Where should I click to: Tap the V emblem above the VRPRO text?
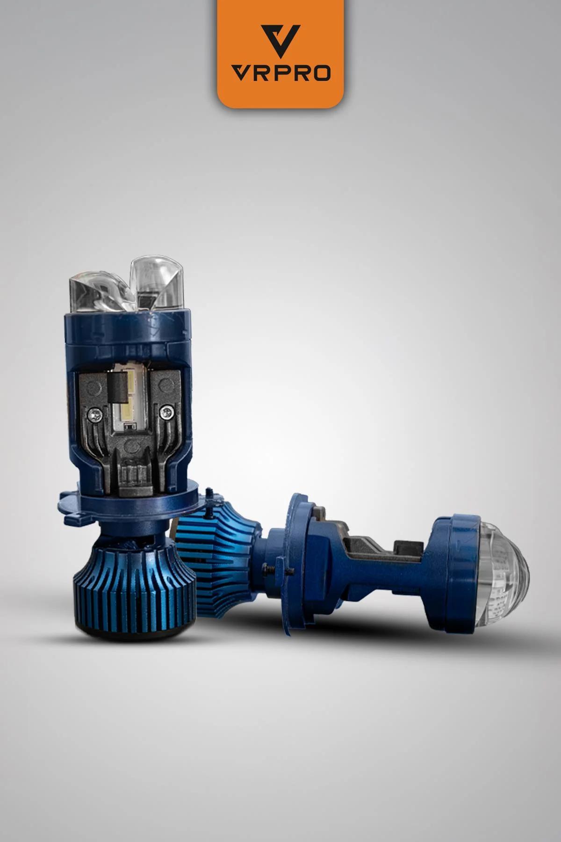pos(280,40)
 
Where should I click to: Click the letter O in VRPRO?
pos(321,73)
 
